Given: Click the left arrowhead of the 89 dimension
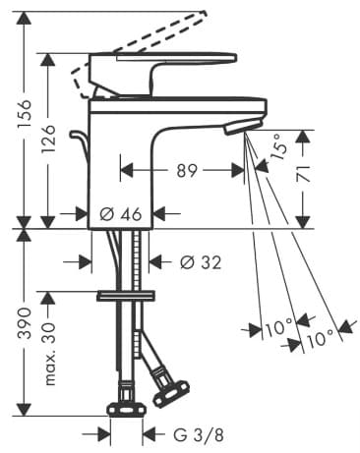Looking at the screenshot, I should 123,170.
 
